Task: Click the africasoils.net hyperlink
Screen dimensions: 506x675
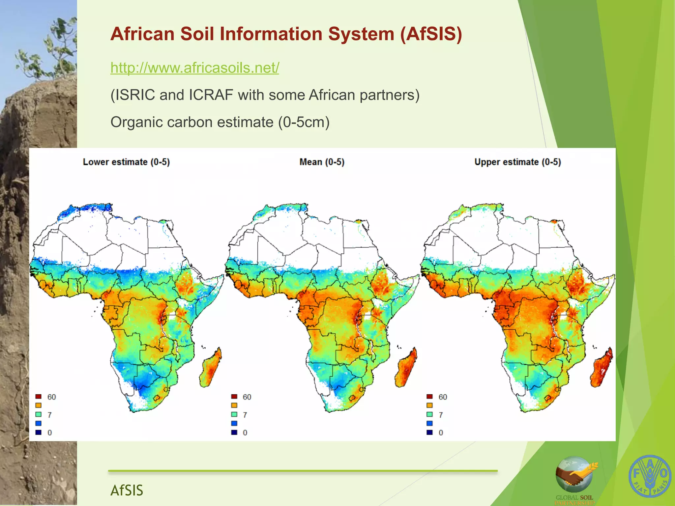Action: click(195, 68)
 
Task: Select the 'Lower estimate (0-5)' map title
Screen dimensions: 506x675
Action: click(126, 162)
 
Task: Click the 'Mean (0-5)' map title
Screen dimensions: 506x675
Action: click(322, 162)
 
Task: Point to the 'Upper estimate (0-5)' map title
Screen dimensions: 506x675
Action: click(517, 162)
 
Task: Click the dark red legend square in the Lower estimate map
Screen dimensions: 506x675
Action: click(39, 397)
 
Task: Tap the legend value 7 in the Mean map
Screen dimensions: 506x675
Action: click(245, 415)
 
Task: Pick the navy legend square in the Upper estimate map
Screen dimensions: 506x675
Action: click(429, 432)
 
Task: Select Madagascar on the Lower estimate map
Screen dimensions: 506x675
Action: click(211, 369)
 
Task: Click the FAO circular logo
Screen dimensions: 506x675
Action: click(650, 476)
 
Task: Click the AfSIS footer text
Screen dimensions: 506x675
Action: click(127, 490)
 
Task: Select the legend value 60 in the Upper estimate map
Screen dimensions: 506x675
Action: click(443, 397)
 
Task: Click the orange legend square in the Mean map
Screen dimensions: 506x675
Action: click(234, 406)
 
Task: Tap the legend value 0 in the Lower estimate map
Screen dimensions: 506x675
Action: click(50, 433)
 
